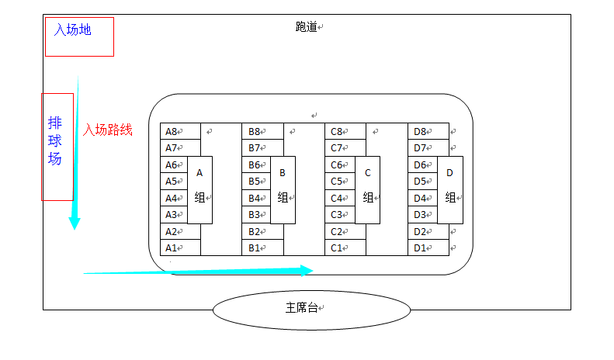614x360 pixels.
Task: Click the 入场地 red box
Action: (79, 36)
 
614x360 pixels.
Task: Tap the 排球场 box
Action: (57, 147)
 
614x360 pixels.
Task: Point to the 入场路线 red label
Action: (108, 130)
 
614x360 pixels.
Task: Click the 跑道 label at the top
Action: (307, 26)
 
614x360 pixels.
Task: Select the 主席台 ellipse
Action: (311, 308)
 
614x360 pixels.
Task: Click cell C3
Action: (339, 215)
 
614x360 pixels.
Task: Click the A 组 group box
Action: (199, 189)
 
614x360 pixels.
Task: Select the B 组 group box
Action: (283, 189)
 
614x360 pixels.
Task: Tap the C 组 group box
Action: (368, 189)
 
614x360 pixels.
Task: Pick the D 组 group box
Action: (450, 189)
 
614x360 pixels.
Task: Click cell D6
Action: (421, 165)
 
